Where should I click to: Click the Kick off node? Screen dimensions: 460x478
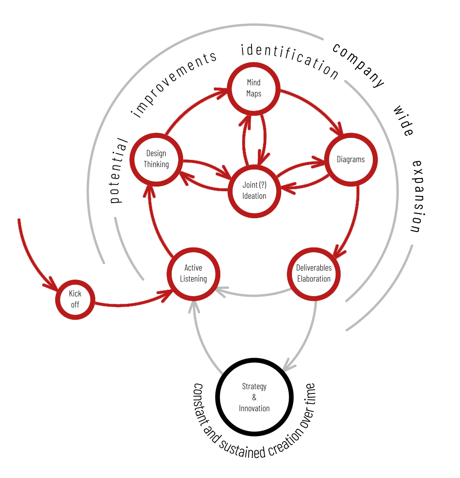75,299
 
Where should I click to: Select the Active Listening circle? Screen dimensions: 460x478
193,273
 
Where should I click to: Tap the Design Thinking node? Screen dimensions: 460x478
156,159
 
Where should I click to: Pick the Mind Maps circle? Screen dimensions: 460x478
253,88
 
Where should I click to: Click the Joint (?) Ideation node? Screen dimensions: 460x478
254,190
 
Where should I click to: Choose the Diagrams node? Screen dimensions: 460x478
351,160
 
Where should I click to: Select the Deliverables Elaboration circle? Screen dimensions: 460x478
314,273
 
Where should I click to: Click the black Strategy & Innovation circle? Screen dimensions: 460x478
254,397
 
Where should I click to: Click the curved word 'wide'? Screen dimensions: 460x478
403,121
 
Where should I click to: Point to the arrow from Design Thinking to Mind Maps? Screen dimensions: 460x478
189,106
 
